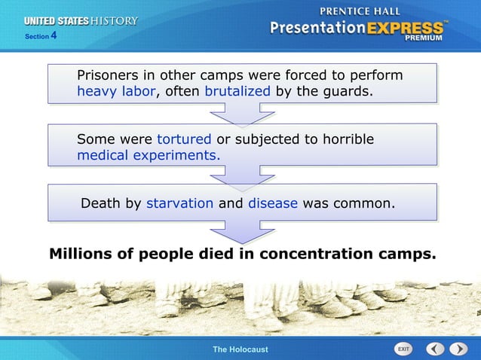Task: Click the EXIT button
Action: pos(404,349)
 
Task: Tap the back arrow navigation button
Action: pos(435,349)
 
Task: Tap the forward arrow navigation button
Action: pos(458,349)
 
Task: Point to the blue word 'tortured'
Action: pos(184,140)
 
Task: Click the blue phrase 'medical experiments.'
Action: pos(149,156)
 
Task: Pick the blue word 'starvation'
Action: pos(179,203)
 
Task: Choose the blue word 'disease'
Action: pos(273,203)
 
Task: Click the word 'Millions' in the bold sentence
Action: pos(82,254)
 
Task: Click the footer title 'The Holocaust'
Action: pos(240,349)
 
